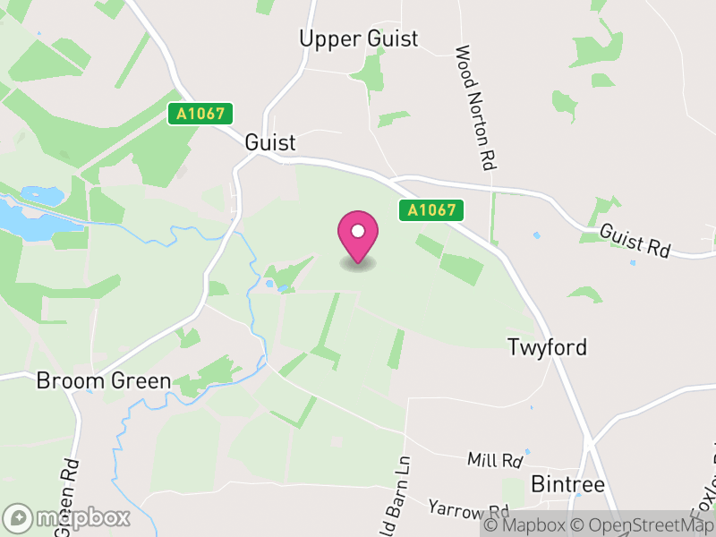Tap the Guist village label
269,143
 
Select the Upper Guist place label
359,38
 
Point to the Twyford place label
547,347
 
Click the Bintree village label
568,484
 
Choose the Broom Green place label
103,381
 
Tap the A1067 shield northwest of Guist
200,114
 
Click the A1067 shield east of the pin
431,210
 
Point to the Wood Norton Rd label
476,108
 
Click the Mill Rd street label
494,461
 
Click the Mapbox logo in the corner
67,517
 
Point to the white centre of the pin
358,231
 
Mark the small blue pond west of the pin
269,286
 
